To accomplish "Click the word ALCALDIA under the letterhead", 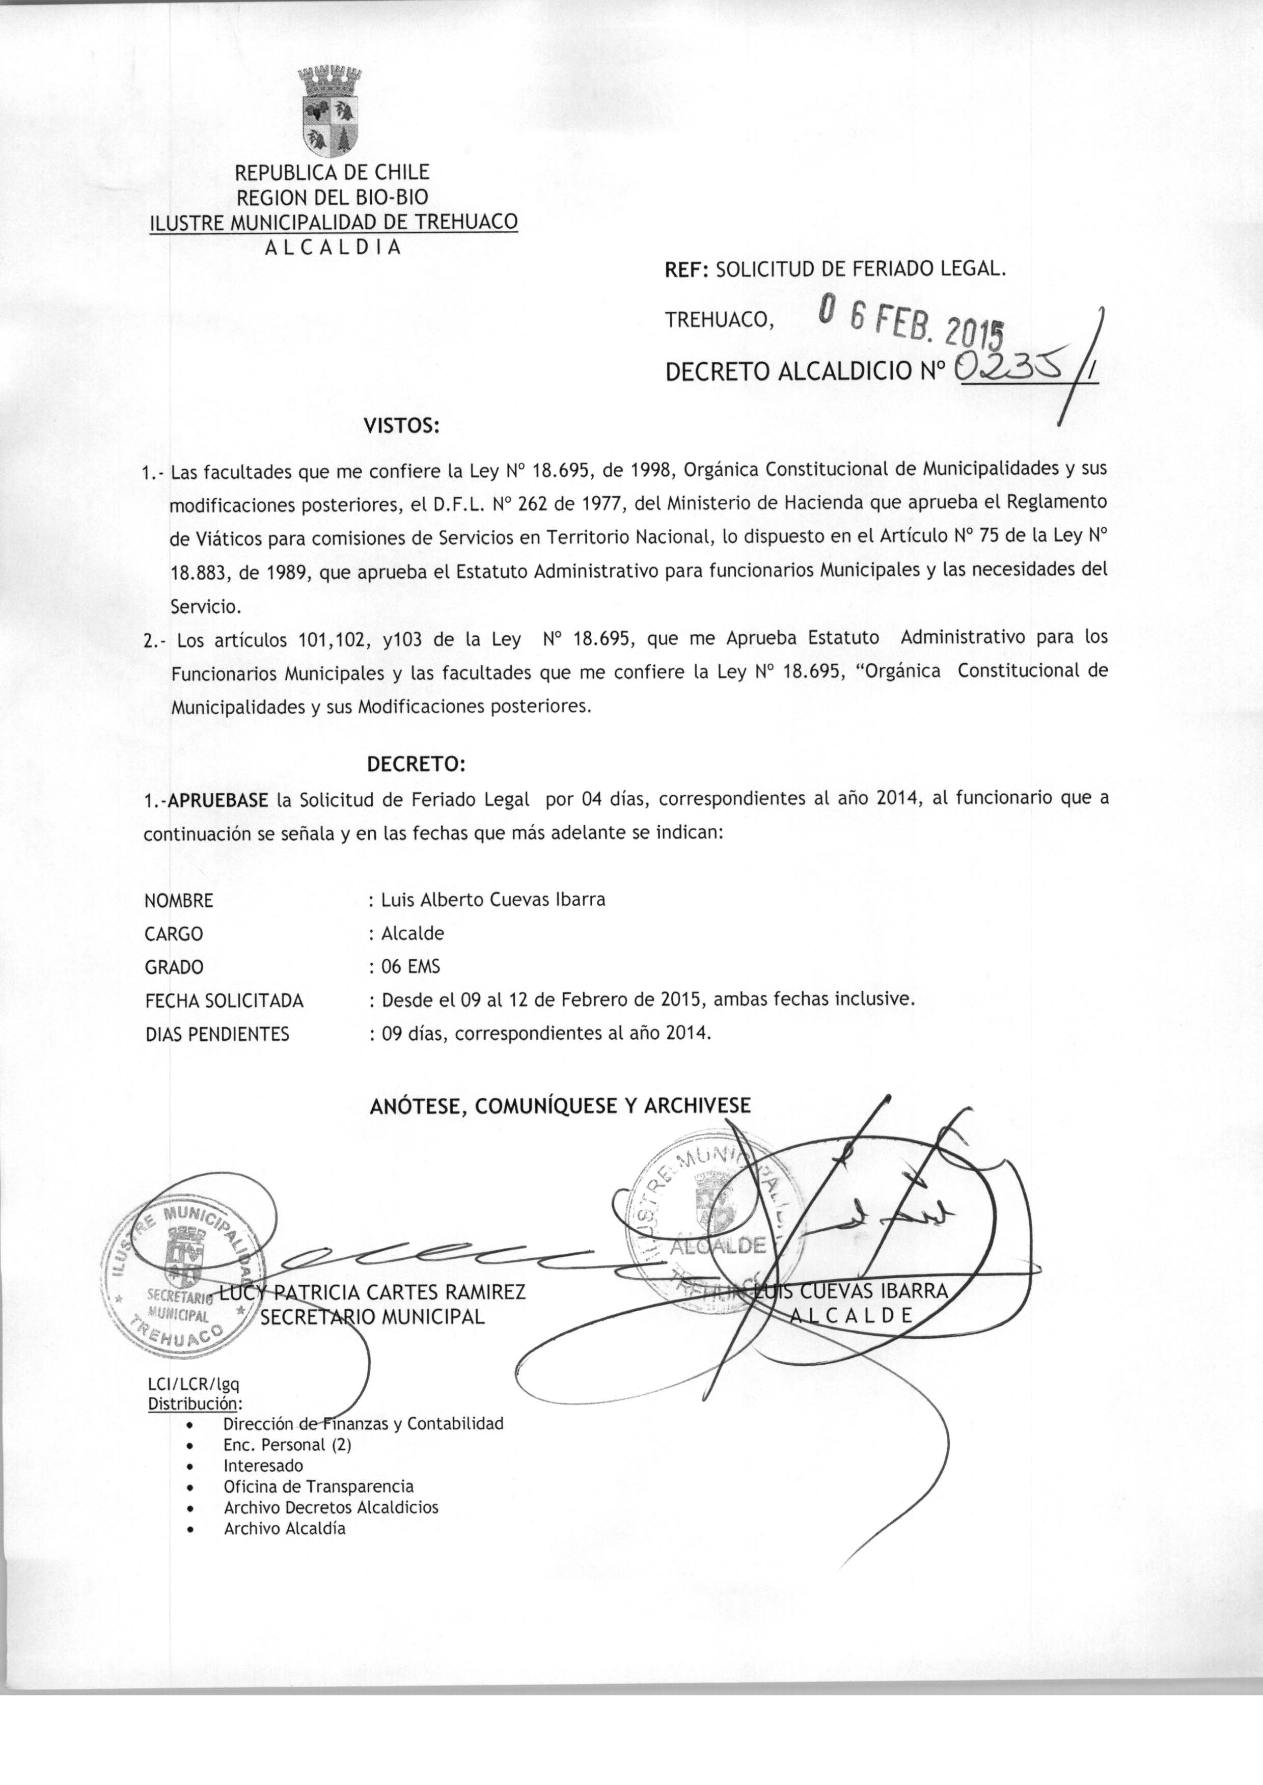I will tap(333, 248).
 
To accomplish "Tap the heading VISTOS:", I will tap(402, 426).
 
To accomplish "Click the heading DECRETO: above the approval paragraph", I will tap(415, 765).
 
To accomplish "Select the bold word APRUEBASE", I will tap(218, 800).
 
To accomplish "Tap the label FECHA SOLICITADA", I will tap(224, 1001).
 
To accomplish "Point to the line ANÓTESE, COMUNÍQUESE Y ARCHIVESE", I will tap(560, 1106).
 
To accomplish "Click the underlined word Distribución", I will tap(194, 1404).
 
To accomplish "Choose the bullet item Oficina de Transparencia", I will tap(318, 1486).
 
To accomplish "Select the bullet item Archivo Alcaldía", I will tap(285, 1528).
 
